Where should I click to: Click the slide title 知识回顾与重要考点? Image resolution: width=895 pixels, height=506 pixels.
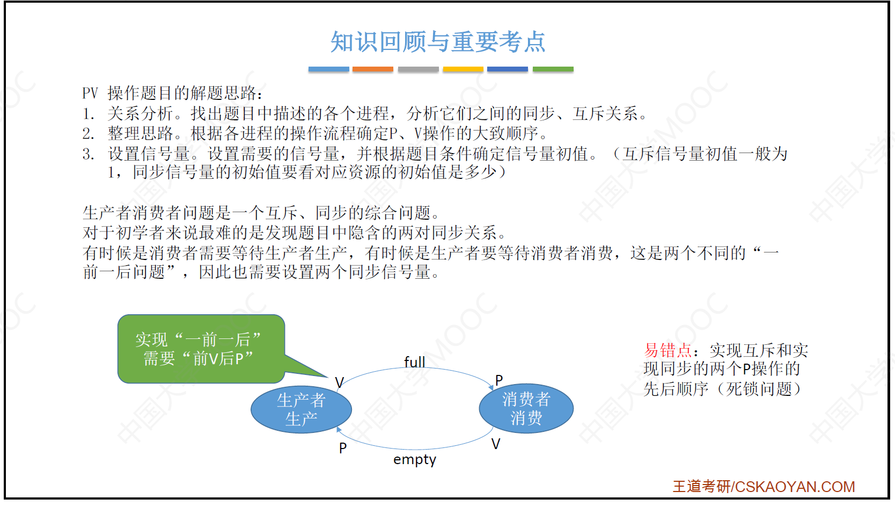(x=438, y=41)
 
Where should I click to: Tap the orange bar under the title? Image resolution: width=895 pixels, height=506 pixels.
(x=372, y=69)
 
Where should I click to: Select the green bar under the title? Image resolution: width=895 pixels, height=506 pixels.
(x=553, y=69)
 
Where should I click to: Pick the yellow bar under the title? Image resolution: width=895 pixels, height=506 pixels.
(x=463, y=69)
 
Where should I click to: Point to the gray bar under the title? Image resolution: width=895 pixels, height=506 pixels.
(x=418, y=69)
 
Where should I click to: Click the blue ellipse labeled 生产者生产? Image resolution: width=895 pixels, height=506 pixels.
(x=301, y=409)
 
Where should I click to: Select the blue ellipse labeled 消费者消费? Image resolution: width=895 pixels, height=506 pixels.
(x=526, y=408)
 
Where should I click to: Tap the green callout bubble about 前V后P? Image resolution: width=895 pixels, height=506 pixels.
(x=201, y=349)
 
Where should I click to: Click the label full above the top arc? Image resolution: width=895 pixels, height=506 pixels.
(x=414, y=362)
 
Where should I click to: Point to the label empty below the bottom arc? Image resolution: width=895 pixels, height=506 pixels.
(x=414, y=460)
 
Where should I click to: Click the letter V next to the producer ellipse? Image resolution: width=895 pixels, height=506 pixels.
(x=340, y=382)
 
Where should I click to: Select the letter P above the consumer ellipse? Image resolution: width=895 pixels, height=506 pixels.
(x=499, y=380)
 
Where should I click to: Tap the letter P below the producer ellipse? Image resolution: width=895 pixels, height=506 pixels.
(x=343, y=447)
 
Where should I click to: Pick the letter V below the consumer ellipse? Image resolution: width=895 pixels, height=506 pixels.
(x=496, y=444)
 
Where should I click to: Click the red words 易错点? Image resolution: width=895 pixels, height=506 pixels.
(x=667, y=350)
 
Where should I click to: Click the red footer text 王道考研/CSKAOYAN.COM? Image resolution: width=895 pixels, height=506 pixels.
(x=764, y=487)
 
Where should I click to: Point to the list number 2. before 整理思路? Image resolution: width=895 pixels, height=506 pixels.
(x=89, y=134)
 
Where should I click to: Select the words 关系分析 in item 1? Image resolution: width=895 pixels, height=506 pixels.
(x=140, y=113)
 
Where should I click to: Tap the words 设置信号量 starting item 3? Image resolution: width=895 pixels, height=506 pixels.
(x=149, y=154)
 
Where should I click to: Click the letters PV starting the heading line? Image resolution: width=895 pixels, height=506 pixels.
(x=90, y=93)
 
